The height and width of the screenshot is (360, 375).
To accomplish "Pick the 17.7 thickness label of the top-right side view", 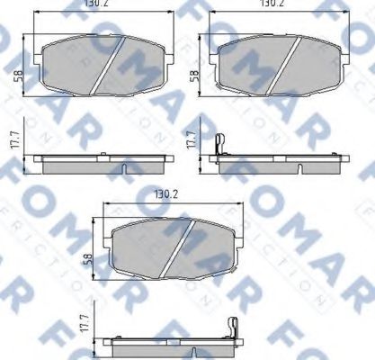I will tap(192, 143).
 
